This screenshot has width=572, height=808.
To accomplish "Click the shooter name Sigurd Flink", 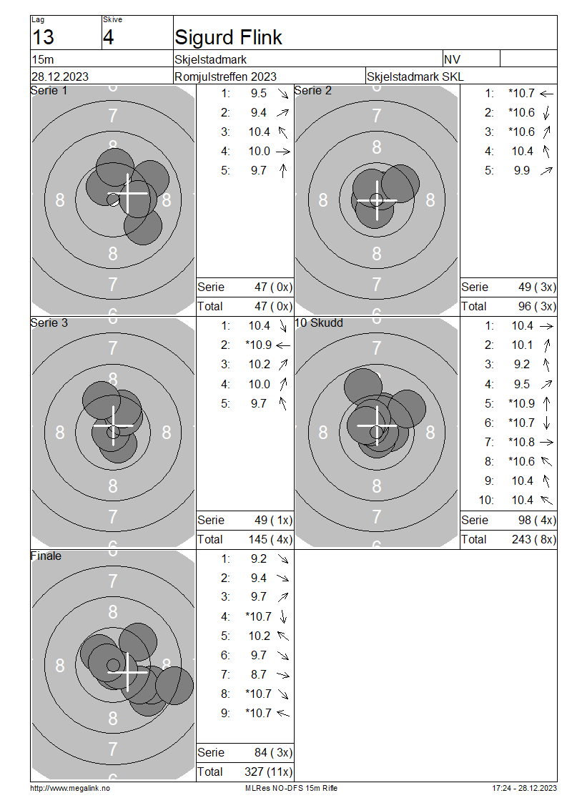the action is pos(228,37).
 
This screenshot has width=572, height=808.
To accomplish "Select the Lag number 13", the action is pos(43,37).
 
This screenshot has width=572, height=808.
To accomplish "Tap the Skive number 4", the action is pos(108,37).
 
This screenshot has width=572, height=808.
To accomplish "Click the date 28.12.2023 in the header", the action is pos(60,77).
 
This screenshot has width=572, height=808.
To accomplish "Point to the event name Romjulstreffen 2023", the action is pos(225,77).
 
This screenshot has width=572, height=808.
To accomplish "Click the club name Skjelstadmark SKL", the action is pos(415,77).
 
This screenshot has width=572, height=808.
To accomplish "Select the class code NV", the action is pos(452,59).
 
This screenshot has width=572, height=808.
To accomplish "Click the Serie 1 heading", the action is pos(49,91).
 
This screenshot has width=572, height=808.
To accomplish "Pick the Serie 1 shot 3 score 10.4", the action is pos(260,132).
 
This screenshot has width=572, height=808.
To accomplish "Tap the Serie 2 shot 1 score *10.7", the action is pos(521,93).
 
